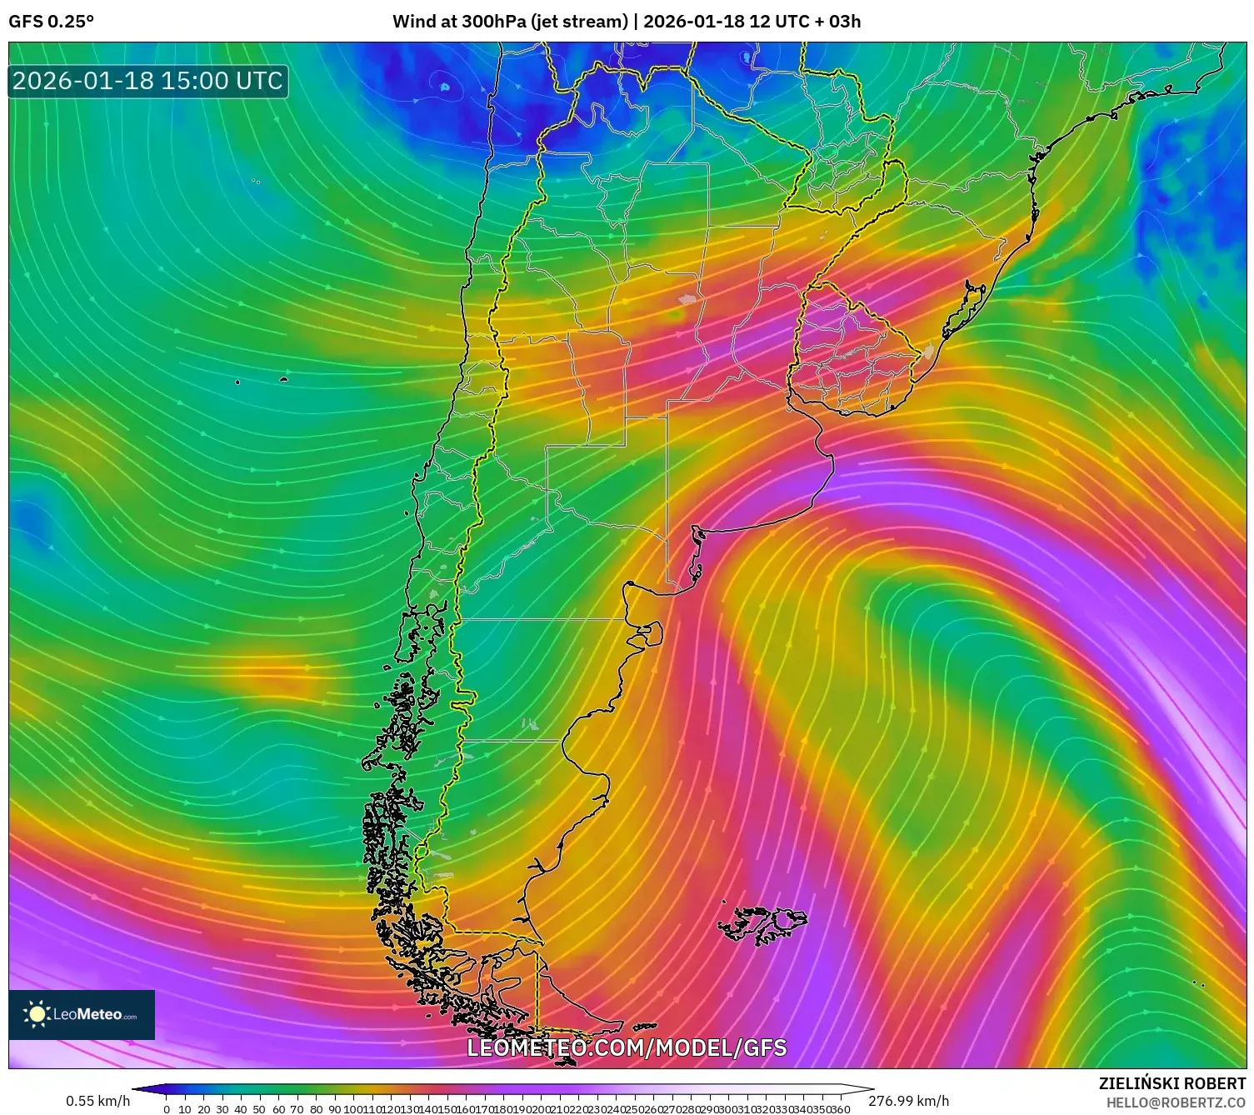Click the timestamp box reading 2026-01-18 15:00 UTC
[x=148, y=81]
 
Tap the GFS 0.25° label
[x=51, y=21]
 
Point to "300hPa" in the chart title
[x=497, y=21]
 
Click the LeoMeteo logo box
[x=82, y=1014]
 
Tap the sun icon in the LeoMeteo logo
[x=37, y=1013]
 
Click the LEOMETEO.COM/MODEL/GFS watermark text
[x=627, y=1047]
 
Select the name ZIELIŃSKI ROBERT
[x=1172, y=1083]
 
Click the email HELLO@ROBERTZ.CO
[x=1176, y=1102]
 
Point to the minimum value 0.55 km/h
[x=97, y=1101]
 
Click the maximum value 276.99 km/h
[x=908, y=1101]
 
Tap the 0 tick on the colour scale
[x=167, y=1109]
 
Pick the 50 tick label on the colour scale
[x=260, y=1109]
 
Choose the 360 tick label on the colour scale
[x=841, y=1109]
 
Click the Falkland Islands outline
[x=762, y=923]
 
